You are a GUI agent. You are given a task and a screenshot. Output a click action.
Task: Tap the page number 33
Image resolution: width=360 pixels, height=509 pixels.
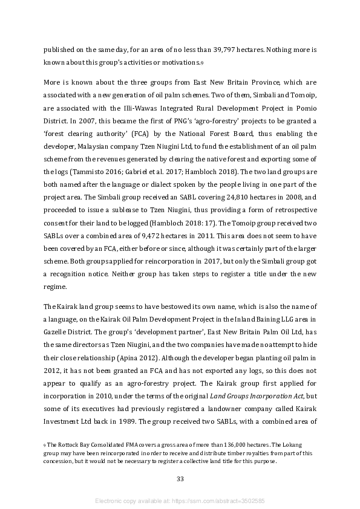180,479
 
